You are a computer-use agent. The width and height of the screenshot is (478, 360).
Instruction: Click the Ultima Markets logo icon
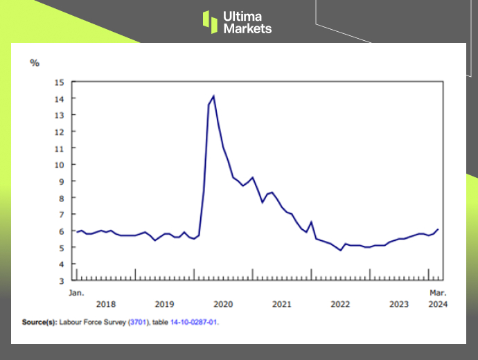pos(210,21)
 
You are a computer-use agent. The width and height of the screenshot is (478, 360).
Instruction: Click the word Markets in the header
pos(247,28)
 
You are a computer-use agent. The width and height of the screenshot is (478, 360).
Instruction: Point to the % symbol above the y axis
pos(35,63)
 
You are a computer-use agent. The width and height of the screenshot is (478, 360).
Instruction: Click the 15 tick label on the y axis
pos(59,82)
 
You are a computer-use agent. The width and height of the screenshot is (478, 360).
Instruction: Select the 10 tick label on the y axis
pos(59,165)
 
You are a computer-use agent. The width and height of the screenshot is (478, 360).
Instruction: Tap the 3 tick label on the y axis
pos(62,281)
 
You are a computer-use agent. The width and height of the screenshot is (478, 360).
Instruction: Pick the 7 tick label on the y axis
pos(62,215)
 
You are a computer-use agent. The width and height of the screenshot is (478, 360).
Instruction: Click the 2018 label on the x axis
pos(106,304)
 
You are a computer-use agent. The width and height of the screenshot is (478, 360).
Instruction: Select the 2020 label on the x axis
pos(223,304)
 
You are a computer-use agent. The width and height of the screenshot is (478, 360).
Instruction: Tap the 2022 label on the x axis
pos(340,304)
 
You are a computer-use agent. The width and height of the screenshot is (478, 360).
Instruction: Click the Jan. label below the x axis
pos(76,293)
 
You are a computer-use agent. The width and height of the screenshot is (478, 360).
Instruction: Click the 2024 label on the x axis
pos(438,304)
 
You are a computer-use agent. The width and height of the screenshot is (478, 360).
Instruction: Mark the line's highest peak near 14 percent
pos(213,96)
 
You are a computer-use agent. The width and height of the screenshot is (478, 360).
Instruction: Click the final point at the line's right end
pos(438,229)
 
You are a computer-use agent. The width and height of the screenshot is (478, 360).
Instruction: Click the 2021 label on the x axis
pos(282,304)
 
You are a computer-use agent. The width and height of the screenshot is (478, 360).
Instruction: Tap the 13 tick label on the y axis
pos(59,115)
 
